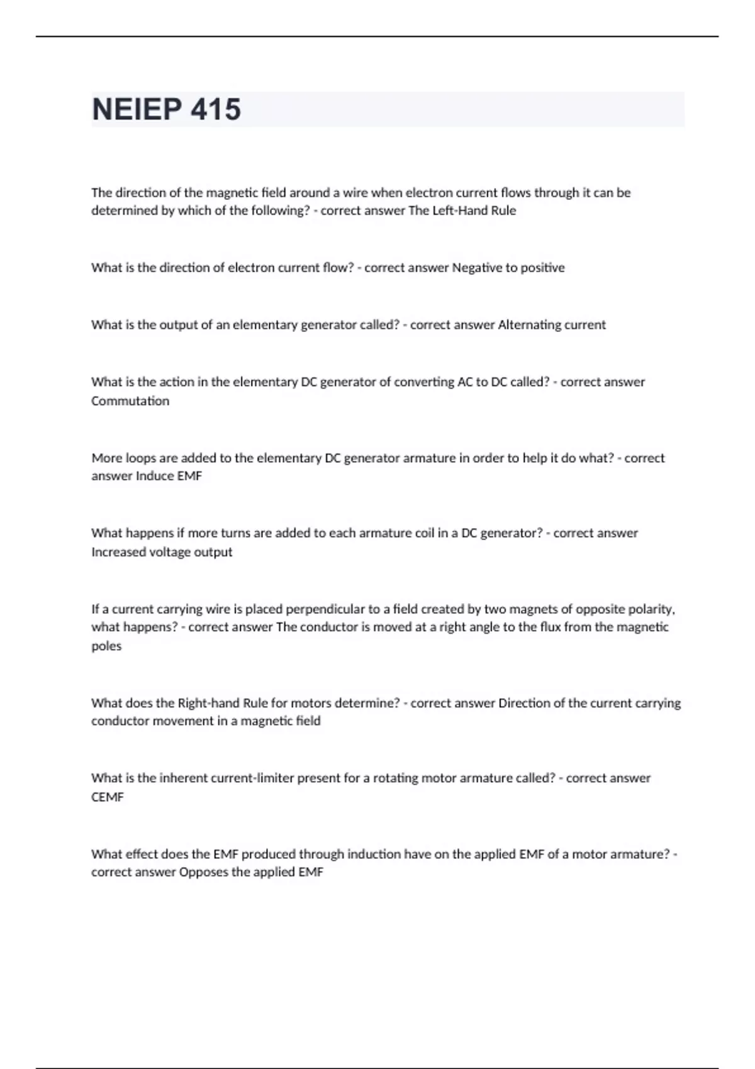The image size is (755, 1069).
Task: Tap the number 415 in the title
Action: click(x=215, y=109)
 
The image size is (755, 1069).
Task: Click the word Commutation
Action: click(x=130, y=401)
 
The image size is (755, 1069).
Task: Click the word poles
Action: click(x=106, y=646)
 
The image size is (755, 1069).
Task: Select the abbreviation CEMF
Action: click(x=108, y=797)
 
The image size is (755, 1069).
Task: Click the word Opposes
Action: click(x=203, y=872)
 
